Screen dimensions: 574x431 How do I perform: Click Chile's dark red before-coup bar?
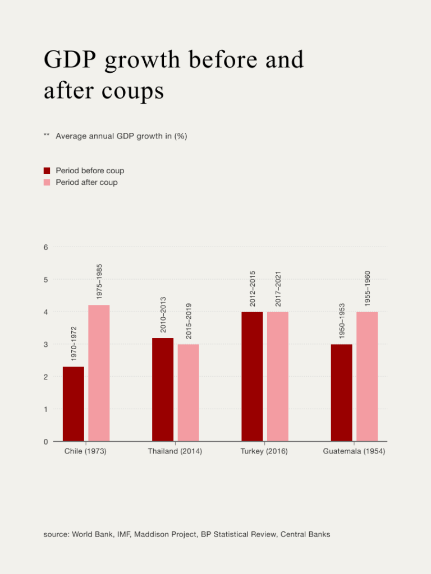(73, 404)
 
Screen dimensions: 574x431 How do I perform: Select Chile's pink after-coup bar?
(99, 373)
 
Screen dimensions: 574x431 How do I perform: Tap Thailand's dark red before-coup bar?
(163, 390)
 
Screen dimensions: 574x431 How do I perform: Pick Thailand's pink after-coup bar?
(189, 392)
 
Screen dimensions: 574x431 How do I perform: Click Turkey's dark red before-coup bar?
(252, 376)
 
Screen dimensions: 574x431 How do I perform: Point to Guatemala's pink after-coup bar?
(367, 376)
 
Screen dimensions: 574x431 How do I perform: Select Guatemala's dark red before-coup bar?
(341, 392)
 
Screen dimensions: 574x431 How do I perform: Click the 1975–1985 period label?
(99, 281)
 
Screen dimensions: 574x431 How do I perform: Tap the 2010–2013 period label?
(163, 314)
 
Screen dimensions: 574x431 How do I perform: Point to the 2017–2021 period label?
(278, 289)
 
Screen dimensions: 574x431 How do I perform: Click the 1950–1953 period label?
(342, 321)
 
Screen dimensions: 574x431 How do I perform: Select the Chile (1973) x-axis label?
(85, 451)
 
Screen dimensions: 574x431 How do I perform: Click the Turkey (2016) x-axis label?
(264, 451)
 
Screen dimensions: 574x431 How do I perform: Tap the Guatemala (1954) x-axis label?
(354, 451)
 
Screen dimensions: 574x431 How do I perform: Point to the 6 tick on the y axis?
(45, 247)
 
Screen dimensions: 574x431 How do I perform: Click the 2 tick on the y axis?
(45, 377)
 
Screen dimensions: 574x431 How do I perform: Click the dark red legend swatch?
(47, 170)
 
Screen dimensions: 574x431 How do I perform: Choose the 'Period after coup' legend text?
(86, 182)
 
